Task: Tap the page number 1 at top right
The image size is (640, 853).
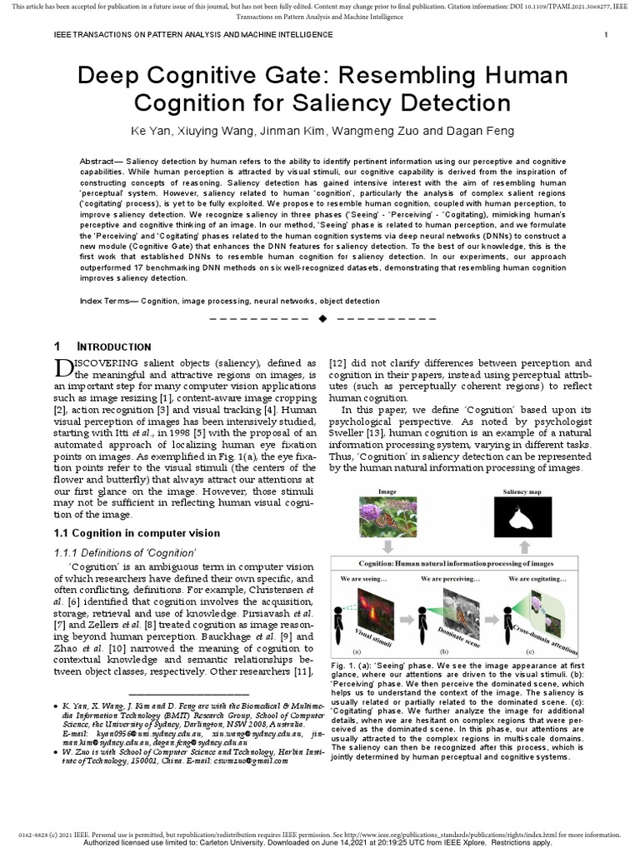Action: click(606, 34)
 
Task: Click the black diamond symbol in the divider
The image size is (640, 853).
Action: click(322, 319)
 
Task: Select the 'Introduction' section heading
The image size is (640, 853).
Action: click(115, 347)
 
